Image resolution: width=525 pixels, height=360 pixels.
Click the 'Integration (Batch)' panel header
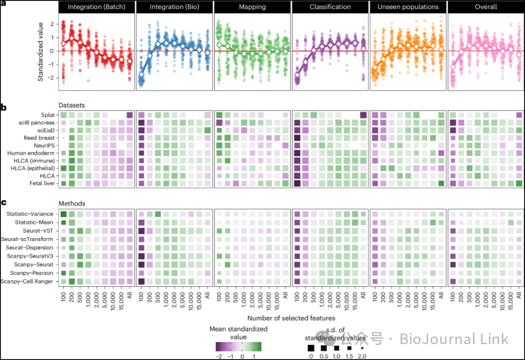tap(96, 7)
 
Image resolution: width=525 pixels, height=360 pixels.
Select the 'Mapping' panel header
tap(252, 7)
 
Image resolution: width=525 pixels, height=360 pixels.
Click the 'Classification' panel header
tap(330, 7)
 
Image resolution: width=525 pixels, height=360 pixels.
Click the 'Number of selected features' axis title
tap(291, 318)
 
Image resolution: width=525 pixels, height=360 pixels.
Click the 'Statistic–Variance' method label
tap(30, 214)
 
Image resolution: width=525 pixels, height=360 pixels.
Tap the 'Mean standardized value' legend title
tap(238, 332)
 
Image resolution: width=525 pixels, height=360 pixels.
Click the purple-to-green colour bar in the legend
tap(239, 346)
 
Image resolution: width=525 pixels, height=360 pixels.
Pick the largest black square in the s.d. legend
tap(311, 348)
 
